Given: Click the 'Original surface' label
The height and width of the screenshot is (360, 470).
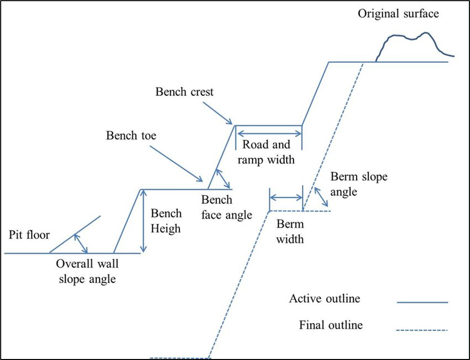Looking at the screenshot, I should pyautogui.click(x=398, y=13).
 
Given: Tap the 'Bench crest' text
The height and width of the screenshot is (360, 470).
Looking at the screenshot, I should pyautogui.click(x=184, y=92).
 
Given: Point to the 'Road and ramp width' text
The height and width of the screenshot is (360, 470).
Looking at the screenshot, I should pyautogui.click(x=266, y=153).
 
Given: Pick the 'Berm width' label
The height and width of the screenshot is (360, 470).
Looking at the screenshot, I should pyautogui.click(x=290, y=231).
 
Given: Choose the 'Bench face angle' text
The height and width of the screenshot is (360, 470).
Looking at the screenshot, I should pyautogui.click(x=226, y=207).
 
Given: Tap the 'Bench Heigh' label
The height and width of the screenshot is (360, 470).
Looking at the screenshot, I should pyautogui.click(x=165, y=221).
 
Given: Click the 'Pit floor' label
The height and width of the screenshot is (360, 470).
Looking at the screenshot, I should pyautogui.click(x=29, y=234).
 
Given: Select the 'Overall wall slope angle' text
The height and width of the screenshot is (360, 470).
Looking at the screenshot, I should pyautogui.click(x=85, y=271).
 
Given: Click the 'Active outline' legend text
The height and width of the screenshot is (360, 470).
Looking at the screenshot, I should pyautogui.click(x=324, y=298).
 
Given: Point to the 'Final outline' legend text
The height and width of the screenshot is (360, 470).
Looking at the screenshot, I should pyautogui.click(x=330, y=325).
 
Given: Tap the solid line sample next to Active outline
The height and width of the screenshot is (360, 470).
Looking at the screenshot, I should pyautogui.click(x=422, y=303).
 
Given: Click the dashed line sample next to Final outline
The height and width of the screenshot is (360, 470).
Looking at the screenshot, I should pyautogui.click(x=422, y=330).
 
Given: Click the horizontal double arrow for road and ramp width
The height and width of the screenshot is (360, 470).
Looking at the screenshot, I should pyautogui.click(x=269, y=133).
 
